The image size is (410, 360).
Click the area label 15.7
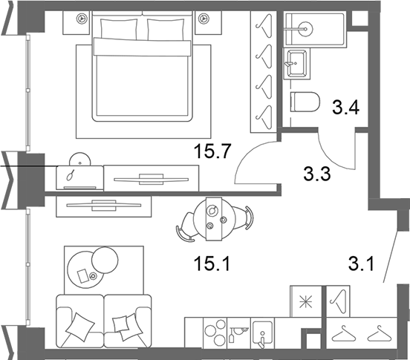click(212, 151)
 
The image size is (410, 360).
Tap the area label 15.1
click(212, 263)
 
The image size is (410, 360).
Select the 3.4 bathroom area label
click(345, 108)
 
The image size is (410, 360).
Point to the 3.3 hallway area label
click(317, 174)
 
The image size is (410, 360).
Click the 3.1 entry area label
click(362, 264)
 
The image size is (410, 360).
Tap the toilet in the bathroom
click(305, 102)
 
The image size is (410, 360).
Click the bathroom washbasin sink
click(296, 63)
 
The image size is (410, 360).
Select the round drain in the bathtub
click(305, 29)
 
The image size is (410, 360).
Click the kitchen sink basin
click(262, 333)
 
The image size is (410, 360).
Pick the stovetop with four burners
click(215, 333)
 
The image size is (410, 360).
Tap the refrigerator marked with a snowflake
click(306, 301)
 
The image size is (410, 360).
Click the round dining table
click(214, 219)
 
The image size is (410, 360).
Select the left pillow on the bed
click(119, 29)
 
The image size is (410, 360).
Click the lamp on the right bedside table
click(202, 19)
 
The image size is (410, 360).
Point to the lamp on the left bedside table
click(81, 19)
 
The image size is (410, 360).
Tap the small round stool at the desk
click(80, 160)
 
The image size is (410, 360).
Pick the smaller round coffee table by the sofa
click(105, 261)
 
